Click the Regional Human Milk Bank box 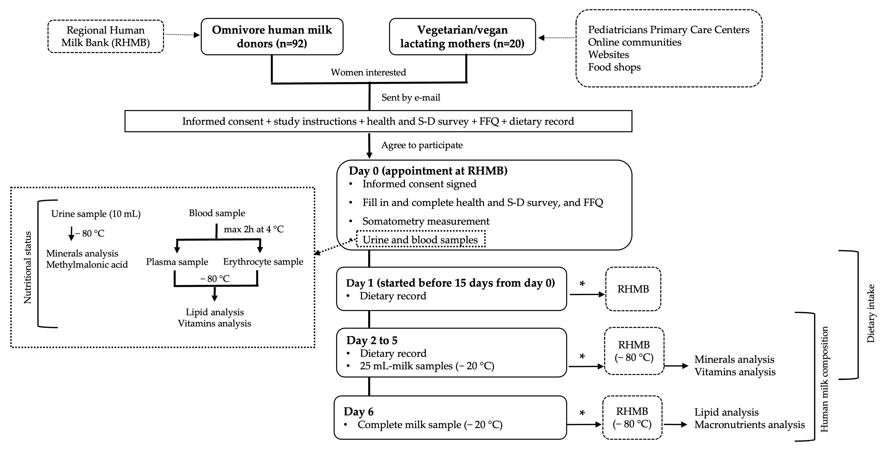pyautogui.click(x=105, y=36)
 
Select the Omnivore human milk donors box pyautogui.click(x=272, y=37)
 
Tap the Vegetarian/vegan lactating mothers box pyautogui.click(x=462, y=37)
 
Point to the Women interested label pyautogui.click(x=368, y=72)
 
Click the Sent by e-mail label pyautogui.click(x=410, y=98)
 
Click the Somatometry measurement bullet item pyautogui.click(x=426, y=221)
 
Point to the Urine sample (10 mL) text pyautogui.click(x=96, y=214)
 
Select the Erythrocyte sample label pyautogui.click(x=263, y=262)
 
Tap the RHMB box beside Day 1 pyautogui.click(x=633, y=289)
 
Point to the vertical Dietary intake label pyautogui.click(x=870, y=313)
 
